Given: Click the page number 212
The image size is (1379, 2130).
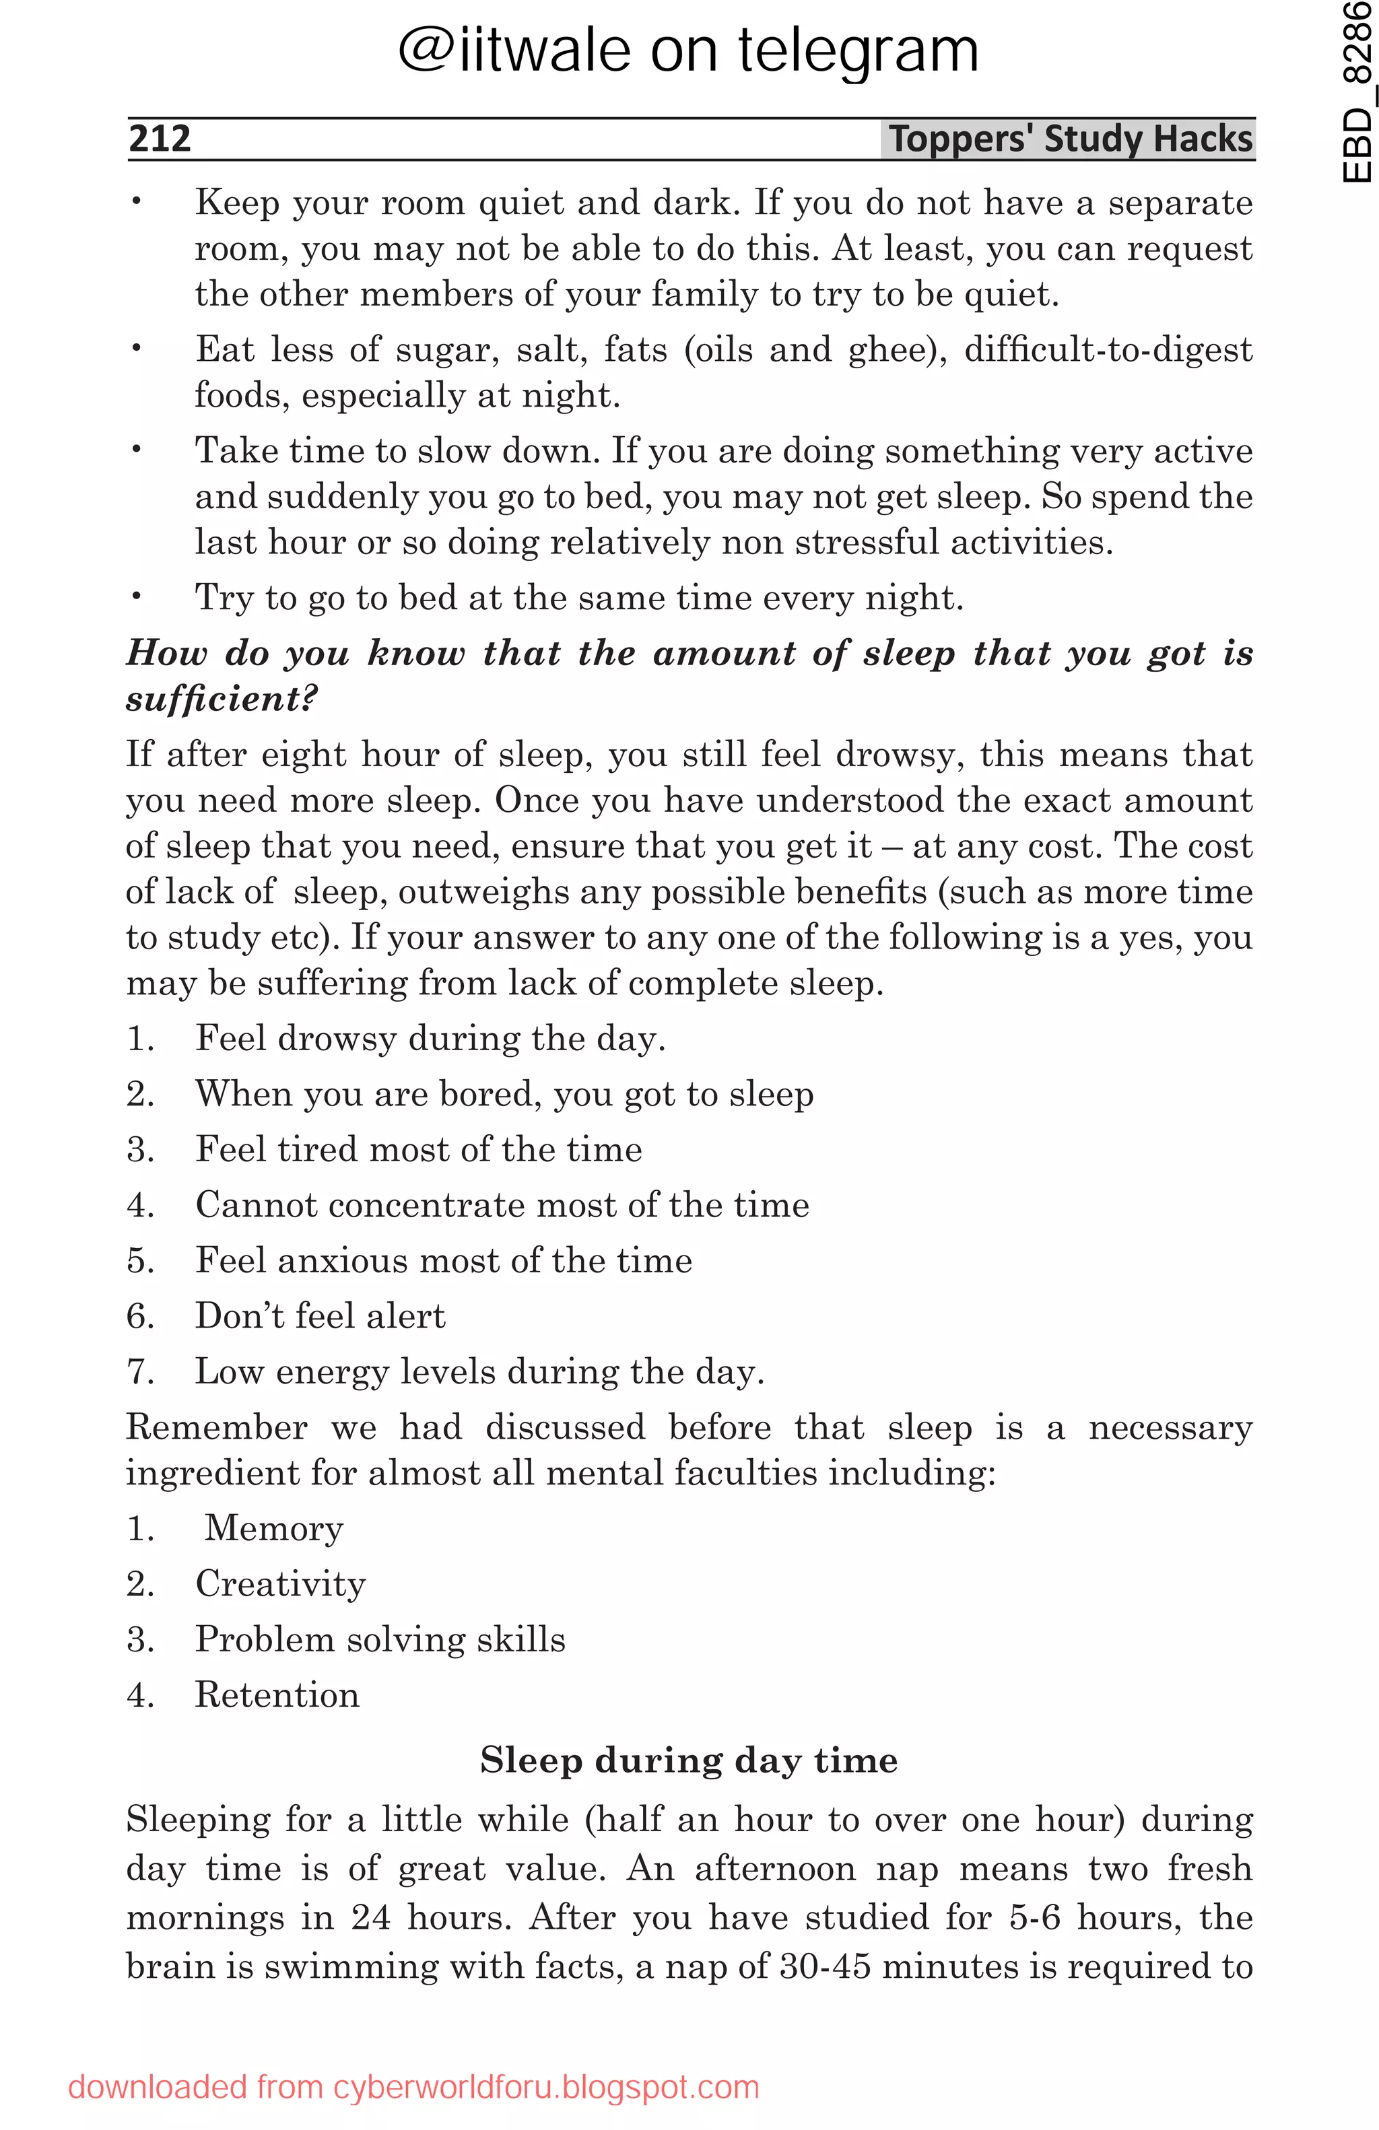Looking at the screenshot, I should click(160, 139).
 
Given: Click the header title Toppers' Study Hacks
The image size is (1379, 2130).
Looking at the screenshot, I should click(1069, 139).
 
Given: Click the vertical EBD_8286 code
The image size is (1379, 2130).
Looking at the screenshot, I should click(1357, 92).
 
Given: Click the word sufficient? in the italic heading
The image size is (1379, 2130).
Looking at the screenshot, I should click(221, 699).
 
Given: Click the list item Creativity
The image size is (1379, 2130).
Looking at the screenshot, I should click(280, 1584).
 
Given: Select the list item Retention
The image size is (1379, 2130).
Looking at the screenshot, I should click(277, 1695).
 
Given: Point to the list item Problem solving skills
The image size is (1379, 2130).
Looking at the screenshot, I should click(380, 1639).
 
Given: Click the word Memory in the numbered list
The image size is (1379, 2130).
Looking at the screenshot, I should click(274, 1529).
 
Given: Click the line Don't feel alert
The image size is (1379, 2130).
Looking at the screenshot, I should click(321, 1317).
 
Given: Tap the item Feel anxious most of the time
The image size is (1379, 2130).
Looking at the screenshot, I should click(444, 1261).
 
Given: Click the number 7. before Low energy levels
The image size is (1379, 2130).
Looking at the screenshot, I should click(141, 1372).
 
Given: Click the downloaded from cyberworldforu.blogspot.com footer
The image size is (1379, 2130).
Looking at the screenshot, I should click(413, 2087).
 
